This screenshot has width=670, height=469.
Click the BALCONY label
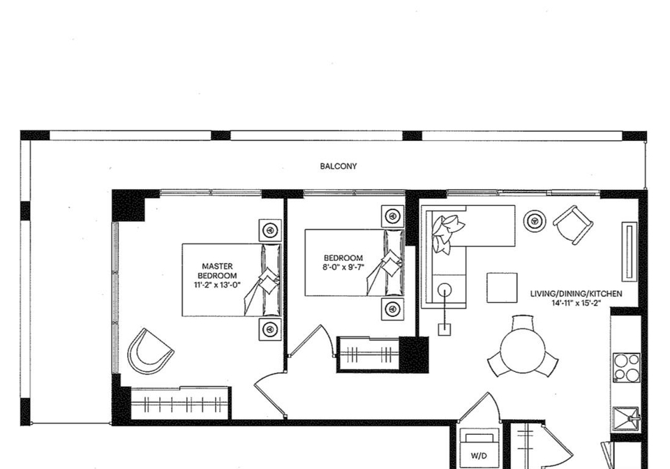click(338, 166)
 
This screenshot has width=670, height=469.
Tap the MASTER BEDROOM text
click(217, 271)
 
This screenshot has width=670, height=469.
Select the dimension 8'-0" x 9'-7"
click(343, 268)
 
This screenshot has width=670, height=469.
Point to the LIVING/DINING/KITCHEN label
click(576, 294)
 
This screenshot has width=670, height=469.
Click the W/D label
click(479, 456)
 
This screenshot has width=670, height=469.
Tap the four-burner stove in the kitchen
click(627, 367)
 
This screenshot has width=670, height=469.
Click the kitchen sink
click(626, 420)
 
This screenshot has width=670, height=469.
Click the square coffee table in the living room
click(502, 288)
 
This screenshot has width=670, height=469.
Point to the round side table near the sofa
click(534, 221)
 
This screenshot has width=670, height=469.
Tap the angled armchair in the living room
click(573, 225)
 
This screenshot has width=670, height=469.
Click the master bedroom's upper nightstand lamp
click(270, 230)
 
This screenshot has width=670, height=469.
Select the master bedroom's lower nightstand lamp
click(270, 329)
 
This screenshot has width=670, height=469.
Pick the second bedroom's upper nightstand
click(393, 216)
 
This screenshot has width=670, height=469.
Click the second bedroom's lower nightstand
click(393, 308)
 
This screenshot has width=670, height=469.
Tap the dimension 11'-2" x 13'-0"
click(217, 285)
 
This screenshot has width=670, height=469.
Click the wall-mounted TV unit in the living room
click(630, 252)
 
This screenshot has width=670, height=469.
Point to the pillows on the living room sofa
click(446, 233)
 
